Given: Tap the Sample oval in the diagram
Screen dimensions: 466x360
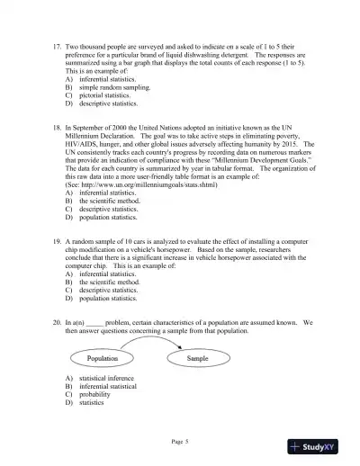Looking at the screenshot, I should tap(197, 358).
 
